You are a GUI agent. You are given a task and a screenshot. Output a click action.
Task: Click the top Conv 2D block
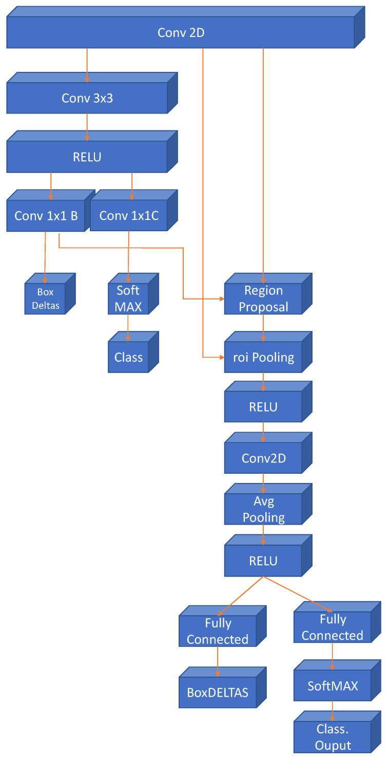181,33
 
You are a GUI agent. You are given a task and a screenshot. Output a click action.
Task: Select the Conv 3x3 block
87,98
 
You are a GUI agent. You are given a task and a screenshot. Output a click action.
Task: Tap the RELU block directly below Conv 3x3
87,157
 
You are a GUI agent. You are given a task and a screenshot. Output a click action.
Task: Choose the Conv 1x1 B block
46,216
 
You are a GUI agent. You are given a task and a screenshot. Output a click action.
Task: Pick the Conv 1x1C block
129,216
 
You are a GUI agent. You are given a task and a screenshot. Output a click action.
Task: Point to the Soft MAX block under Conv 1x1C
128,299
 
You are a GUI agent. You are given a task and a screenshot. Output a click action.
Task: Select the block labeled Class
128,357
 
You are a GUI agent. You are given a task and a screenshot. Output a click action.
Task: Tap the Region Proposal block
263,299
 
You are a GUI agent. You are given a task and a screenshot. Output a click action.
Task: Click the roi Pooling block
263,357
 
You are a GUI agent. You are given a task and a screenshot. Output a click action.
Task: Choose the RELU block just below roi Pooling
263,407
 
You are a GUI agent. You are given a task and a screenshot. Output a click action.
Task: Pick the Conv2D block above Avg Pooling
263,458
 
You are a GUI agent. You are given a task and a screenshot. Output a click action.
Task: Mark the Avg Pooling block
263,509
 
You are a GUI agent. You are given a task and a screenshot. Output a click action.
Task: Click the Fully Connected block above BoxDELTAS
218,631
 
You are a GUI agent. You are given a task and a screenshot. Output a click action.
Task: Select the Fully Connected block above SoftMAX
332,627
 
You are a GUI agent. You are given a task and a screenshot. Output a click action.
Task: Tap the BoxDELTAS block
218,692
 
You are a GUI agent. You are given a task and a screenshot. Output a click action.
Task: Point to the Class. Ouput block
332,737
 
